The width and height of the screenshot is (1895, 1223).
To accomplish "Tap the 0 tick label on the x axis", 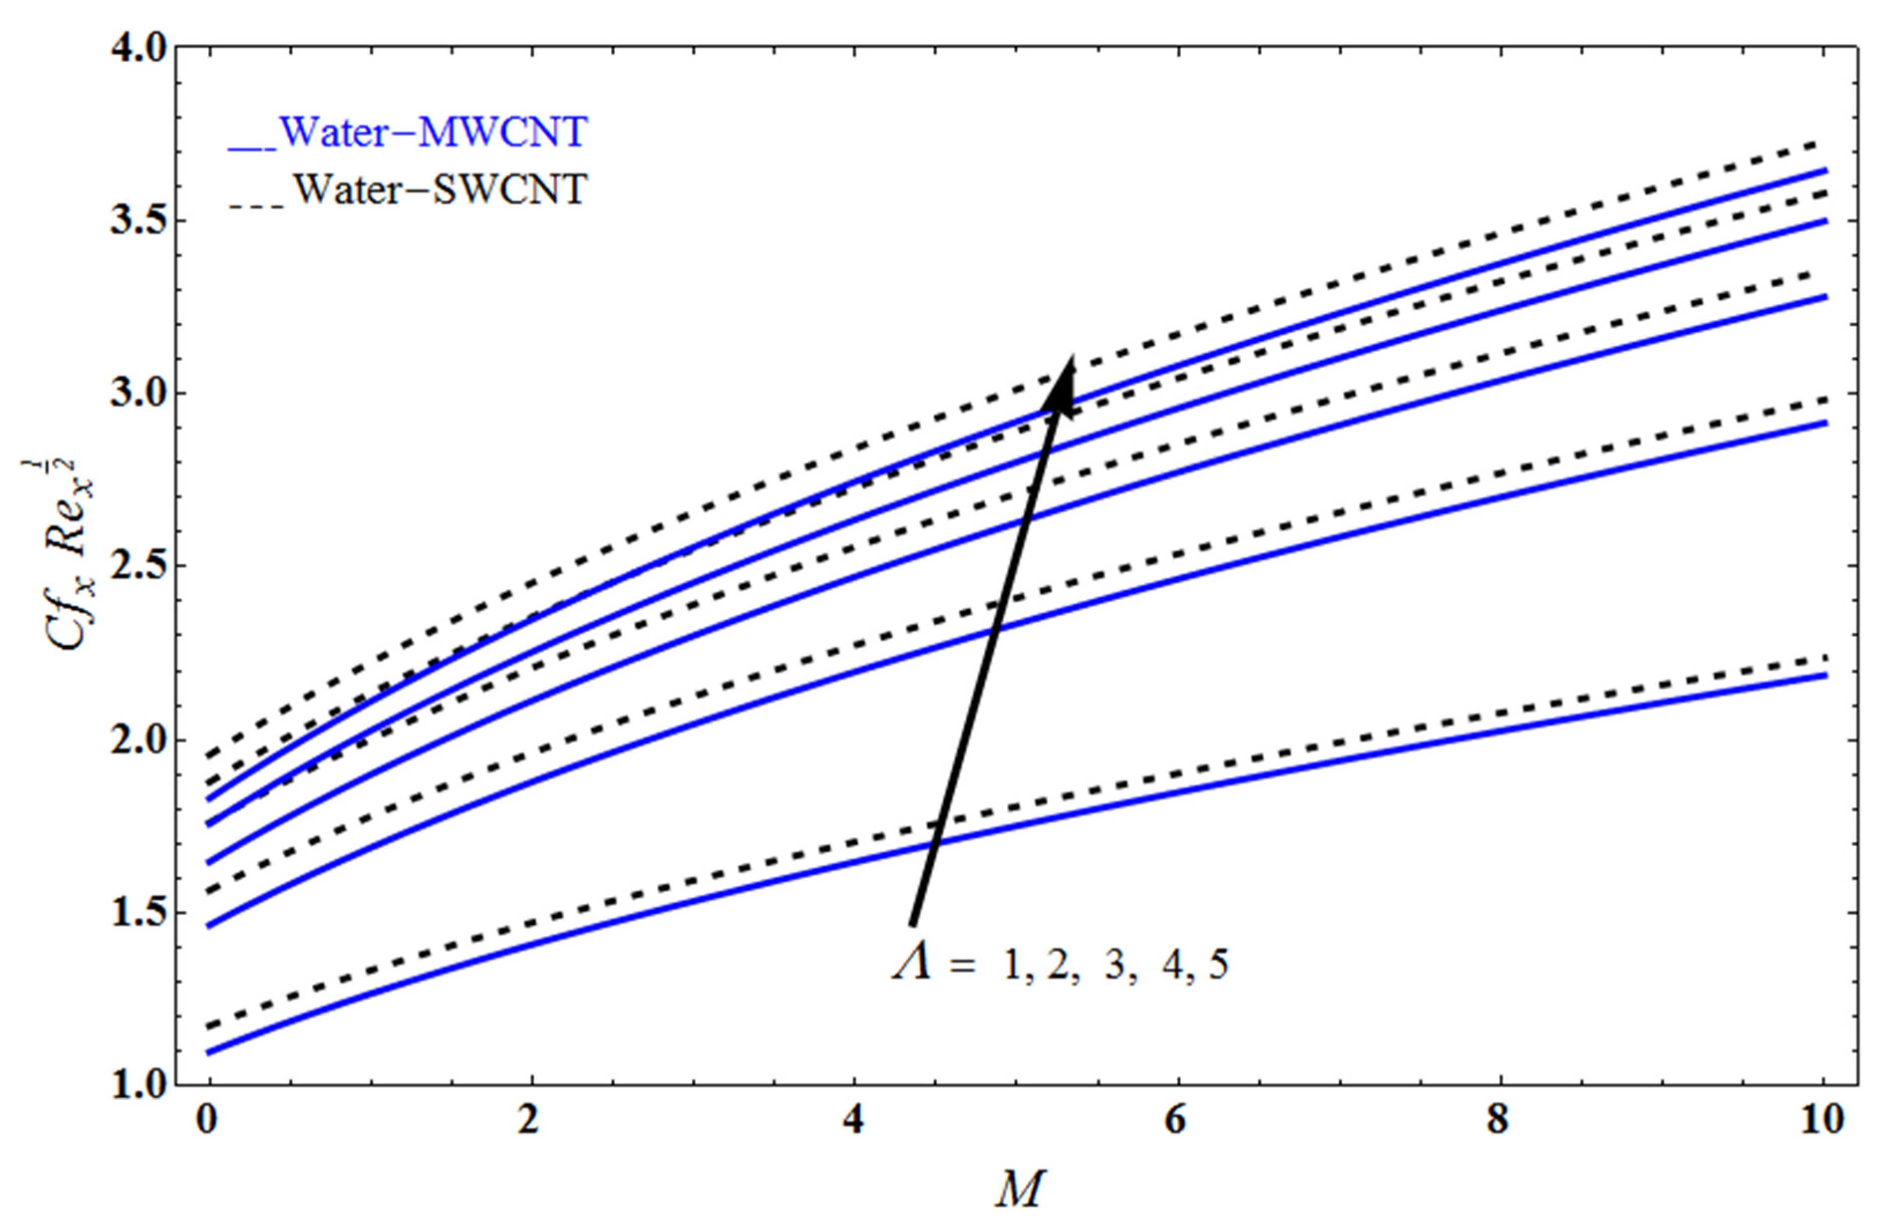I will click(207, 1120).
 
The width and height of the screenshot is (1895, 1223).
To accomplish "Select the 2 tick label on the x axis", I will click(530, 1120).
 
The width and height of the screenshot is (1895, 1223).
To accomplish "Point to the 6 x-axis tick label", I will click(1175, 1120).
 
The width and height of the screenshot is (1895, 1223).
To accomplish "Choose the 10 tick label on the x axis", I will click(1821, 1120).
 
